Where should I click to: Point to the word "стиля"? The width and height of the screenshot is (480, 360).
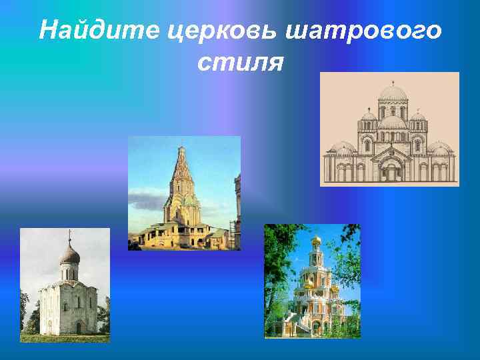click(x=241, y=63)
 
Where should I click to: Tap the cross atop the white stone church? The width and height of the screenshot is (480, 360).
click(x=69, y=235)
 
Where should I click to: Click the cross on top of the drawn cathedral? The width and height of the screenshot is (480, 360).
click(x=393, y=82)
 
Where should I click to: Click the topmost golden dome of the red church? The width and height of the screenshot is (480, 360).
click(x=316, y=239)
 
